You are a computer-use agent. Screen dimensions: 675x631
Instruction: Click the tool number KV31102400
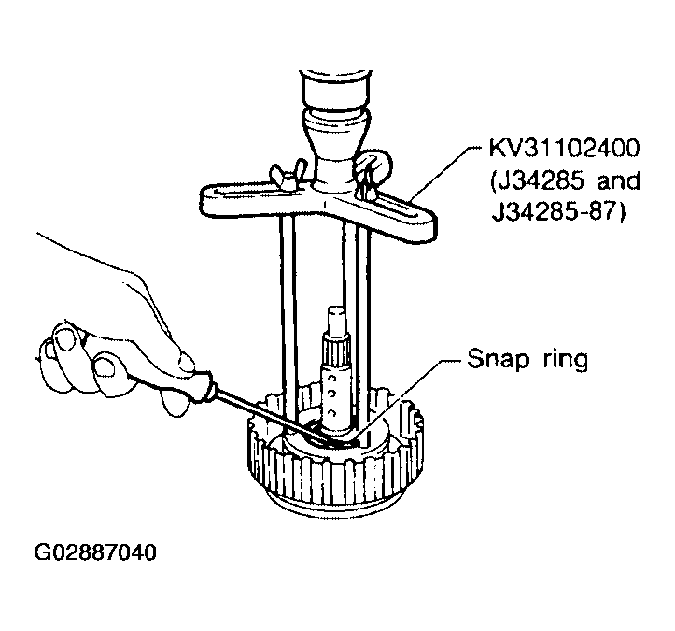tap(564, 149)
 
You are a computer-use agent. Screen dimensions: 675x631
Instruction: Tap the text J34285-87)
tap(557, 212)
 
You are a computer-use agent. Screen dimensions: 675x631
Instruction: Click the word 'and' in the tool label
tap(618, 181)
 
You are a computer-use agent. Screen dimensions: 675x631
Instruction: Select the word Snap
tap(498, 359)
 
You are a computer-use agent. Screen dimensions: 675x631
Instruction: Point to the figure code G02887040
tap(94, 552)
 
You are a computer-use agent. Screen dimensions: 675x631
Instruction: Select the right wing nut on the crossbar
tap(373, 168)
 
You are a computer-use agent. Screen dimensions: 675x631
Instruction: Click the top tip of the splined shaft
tap(336, 308)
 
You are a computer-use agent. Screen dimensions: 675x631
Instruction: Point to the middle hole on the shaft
tap(331, 394)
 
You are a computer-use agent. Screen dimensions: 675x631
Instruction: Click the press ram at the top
tap(335, 89)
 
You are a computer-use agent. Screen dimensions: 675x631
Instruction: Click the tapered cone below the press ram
tap(336, 142)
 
